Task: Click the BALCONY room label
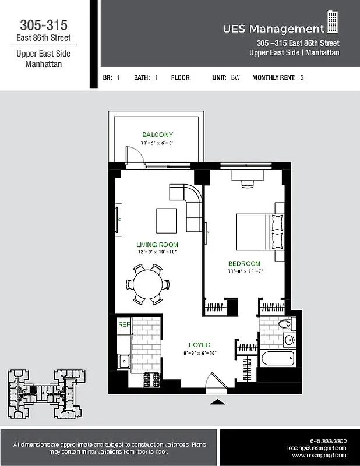157,135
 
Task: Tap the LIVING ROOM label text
157,245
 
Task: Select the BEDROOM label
244,263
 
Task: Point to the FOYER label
199,345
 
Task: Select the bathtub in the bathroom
277,357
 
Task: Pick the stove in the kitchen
152,380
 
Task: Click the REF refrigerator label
123,324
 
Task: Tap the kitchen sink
123,361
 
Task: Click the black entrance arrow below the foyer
217,401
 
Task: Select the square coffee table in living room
166,220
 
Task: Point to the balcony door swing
133,156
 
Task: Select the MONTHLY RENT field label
274,77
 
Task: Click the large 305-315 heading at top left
44,25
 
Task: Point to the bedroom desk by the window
243,176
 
